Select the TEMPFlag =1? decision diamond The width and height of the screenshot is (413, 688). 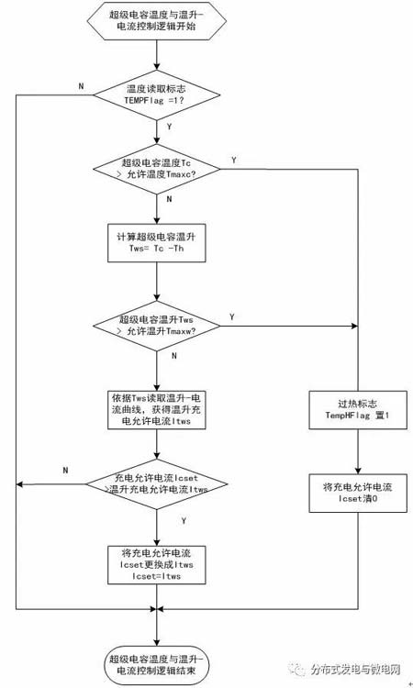click(157, 94)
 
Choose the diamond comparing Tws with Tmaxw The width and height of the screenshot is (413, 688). click(157, 324)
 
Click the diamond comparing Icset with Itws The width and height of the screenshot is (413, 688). click(157, 483)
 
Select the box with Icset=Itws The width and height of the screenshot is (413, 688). click(157, 564)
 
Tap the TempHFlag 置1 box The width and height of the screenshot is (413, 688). click(357, 408)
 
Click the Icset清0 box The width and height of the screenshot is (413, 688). click(357, 491)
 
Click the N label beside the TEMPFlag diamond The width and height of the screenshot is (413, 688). click(81, 85)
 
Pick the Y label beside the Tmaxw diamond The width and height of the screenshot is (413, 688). click(230, 316)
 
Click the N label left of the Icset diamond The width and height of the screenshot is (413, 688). click(65, 471)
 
